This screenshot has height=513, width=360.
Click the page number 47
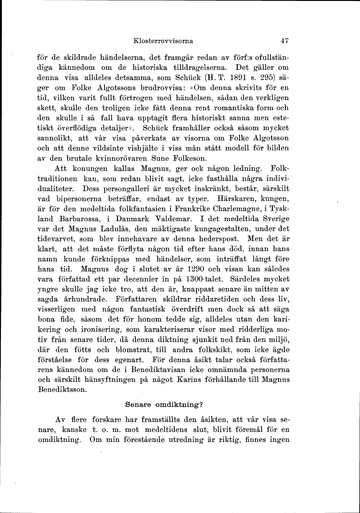[x=282, y=41]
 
